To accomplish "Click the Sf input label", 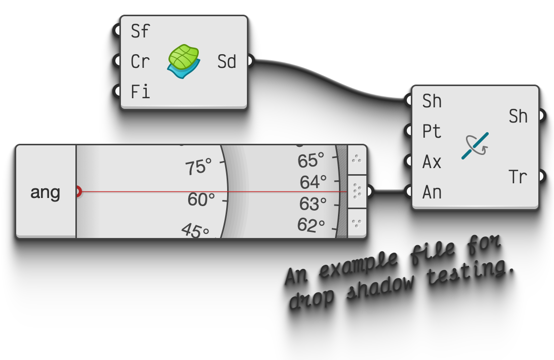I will (x=140, y=31).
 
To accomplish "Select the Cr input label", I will (x=140, y=62).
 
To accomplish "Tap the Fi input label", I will (x=140, y=92).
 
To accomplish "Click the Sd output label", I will (x=227, y=62).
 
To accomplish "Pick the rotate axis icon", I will (x=475, y=146).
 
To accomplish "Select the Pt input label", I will (x=432, y=132).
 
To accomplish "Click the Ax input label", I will (x=432, y=162).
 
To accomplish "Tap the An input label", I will (x=432, y=192).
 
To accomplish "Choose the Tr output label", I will (x=518, y=177).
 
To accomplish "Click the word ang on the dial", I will (x=45, y=192).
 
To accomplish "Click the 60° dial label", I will (x=201, y=199).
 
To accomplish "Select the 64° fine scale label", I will (x=313, y=181).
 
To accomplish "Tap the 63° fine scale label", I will (x=313, y=204).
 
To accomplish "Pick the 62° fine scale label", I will (x=311, y=225).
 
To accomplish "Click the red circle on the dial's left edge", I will (x=77, y=191).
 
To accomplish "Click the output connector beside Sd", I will (x=249, y=61).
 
